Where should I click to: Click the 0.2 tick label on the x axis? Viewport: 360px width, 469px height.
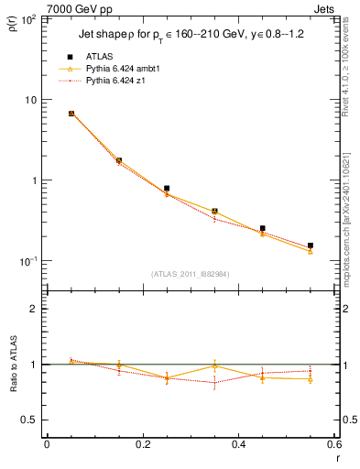click(x=142, y=443)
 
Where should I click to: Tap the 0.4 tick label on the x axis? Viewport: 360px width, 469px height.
click(x=238, y=443)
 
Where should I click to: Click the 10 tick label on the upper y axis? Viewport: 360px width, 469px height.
click(x=31, y=99)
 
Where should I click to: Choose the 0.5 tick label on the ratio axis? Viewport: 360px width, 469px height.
click(x=29, y=420)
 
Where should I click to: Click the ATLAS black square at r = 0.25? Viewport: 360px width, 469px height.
click(x=167, y=188)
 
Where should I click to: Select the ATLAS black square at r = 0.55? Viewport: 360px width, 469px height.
click(x=311, y=245)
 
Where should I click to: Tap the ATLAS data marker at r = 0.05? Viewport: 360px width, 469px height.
click(x=71, y=114)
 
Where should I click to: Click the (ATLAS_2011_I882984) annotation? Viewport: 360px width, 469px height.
click(x=190, y=274)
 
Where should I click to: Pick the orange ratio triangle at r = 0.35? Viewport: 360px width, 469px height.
click(x=214, y=365)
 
